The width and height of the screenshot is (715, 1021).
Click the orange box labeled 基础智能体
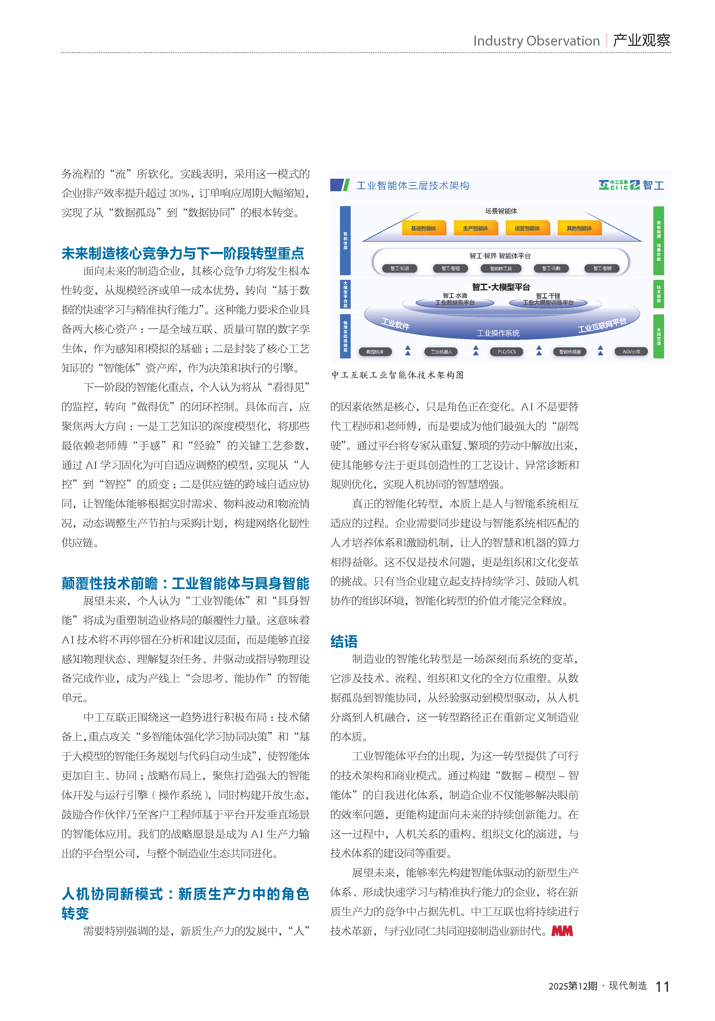[423, 228]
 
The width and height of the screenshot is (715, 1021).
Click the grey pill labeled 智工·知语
[400, 268]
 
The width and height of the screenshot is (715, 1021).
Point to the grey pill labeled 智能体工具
[501, 268]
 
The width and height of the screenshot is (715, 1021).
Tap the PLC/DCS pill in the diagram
[507, 352]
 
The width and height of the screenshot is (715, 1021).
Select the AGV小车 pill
[631, 352]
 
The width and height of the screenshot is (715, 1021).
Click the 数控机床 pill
[375, 352]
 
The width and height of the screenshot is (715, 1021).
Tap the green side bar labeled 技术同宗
[658, 293]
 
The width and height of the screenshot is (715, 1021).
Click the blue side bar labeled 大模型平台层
[345, 293]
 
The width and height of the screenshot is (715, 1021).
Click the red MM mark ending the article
[562, 931]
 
